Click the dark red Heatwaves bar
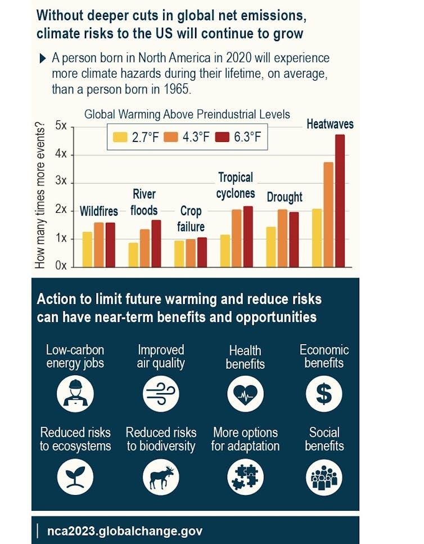pos(340,200)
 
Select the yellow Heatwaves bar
pos(317,238)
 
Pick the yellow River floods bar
pos(133,255)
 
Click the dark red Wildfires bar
pos(110,244)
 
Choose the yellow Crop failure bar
pos(179,253)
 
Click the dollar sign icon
pos(324,393)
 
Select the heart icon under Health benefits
pos(245,393)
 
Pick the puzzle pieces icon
pos(245,476)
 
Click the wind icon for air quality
pos(161,393)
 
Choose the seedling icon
pos(75,476)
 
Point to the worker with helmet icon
pos(75,393)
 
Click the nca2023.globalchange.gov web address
pos(124,530)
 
